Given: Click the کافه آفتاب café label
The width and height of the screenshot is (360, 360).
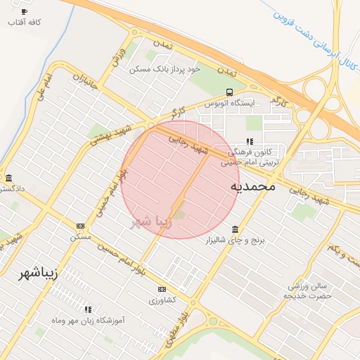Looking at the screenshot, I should pos(24,22).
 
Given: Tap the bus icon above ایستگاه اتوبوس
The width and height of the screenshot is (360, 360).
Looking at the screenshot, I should pos(230,92).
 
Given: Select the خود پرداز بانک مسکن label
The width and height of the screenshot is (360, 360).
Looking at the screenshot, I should pos(165,69).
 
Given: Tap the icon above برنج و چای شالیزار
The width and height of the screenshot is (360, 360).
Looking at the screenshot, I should pos(234,230).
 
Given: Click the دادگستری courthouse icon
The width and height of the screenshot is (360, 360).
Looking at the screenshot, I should pos(8,178).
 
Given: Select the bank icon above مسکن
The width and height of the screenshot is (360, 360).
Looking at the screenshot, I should pos(79,226).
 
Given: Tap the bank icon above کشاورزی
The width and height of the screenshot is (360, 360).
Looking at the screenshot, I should pos(162,289).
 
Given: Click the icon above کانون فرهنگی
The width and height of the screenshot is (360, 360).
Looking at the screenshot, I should pos(250,141).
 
